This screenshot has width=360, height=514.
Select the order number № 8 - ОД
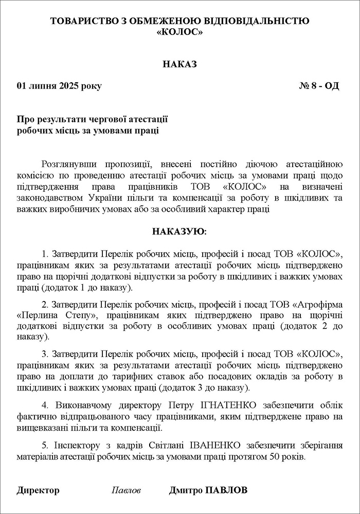pos(319,86)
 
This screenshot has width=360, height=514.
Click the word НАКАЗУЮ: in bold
pos(179,232)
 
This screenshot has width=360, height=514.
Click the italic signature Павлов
pos(126,490)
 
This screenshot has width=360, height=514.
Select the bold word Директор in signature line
pos(38,490)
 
